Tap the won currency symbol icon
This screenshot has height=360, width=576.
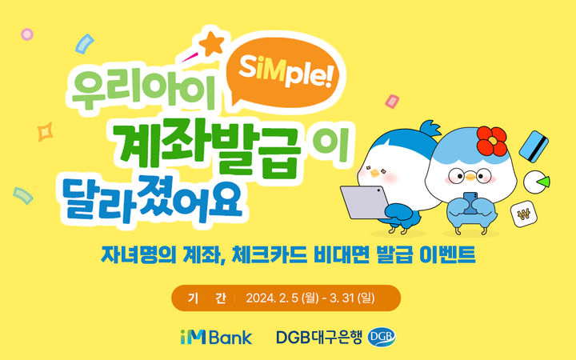coord(524,214)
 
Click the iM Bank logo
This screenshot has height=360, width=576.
coord(215,336)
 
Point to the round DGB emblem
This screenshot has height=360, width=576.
coord(382,336)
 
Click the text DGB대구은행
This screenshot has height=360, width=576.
coord(320,336)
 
